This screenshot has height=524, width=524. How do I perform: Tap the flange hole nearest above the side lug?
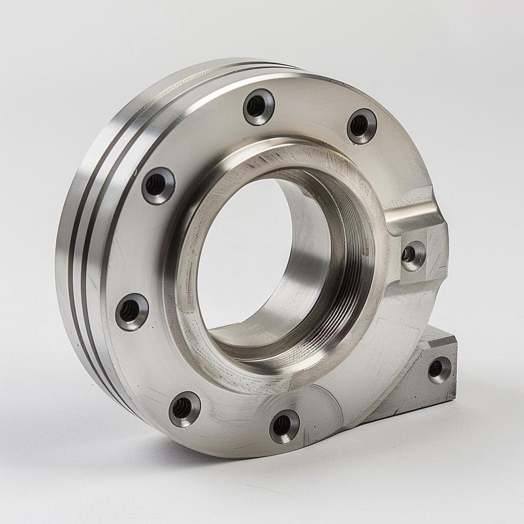pyautogui.click(x=361, y=126)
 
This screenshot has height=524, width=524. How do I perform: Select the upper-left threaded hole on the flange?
pyautogui.click(x=158, y=185)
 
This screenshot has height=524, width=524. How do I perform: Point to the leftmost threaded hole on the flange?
pyautogui.click(x=132, y=311)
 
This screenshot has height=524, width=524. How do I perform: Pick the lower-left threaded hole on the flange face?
pyautogui.click(x=184, y=408)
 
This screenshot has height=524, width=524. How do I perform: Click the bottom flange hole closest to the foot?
pyautogui.click(x=284, y=426)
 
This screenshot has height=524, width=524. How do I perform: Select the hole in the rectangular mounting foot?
pyautogui.click(x=439, y=369)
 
